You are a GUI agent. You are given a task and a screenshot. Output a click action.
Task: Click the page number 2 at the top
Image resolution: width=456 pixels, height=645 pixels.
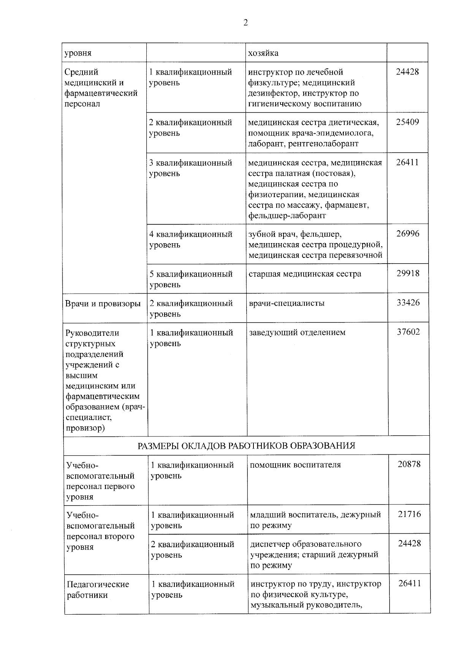pos(245,23)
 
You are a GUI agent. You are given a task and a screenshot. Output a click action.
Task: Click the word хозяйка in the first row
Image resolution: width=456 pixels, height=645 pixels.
pos(263,53)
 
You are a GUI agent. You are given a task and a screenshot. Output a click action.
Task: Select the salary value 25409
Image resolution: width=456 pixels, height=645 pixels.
pos(407,122)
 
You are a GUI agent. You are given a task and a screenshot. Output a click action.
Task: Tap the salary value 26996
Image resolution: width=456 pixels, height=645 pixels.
pos(408,234)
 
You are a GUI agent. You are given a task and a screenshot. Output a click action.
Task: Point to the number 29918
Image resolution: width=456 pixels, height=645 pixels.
pos(408,273)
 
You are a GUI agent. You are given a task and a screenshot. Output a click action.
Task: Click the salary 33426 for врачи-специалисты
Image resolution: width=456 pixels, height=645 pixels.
pos(408,303)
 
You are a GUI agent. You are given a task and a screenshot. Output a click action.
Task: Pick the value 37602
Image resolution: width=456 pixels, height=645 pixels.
pos(408,332)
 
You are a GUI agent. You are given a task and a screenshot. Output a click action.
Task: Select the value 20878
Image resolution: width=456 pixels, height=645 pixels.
pos(409,464)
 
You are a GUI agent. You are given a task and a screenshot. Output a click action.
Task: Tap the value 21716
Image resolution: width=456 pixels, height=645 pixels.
pos(409,514)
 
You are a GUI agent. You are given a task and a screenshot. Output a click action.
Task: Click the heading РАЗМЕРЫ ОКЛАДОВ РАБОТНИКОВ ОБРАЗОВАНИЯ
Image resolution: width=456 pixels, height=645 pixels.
pos(246,446)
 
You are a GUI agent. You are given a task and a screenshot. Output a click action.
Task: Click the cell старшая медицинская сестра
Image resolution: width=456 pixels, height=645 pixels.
pos(305,274)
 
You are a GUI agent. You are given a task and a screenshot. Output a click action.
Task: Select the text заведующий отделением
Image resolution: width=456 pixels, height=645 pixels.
pos(297,333)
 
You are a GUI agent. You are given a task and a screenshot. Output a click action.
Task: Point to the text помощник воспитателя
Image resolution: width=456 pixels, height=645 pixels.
pos(295,465)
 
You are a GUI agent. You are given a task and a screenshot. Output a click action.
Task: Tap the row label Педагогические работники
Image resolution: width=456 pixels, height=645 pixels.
pos(98,590)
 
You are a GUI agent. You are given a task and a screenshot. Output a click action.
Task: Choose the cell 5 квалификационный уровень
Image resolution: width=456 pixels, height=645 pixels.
pos(191,279)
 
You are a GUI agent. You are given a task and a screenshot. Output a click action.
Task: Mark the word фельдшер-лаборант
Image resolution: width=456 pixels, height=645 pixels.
pos(287,216)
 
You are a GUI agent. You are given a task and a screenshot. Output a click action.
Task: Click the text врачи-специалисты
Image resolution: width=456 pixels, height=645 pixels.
pos(287,304)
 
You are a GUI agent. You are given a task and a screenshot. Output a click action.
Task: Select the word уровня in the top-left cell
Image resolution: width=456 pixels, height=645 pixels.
pos(78,53)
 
